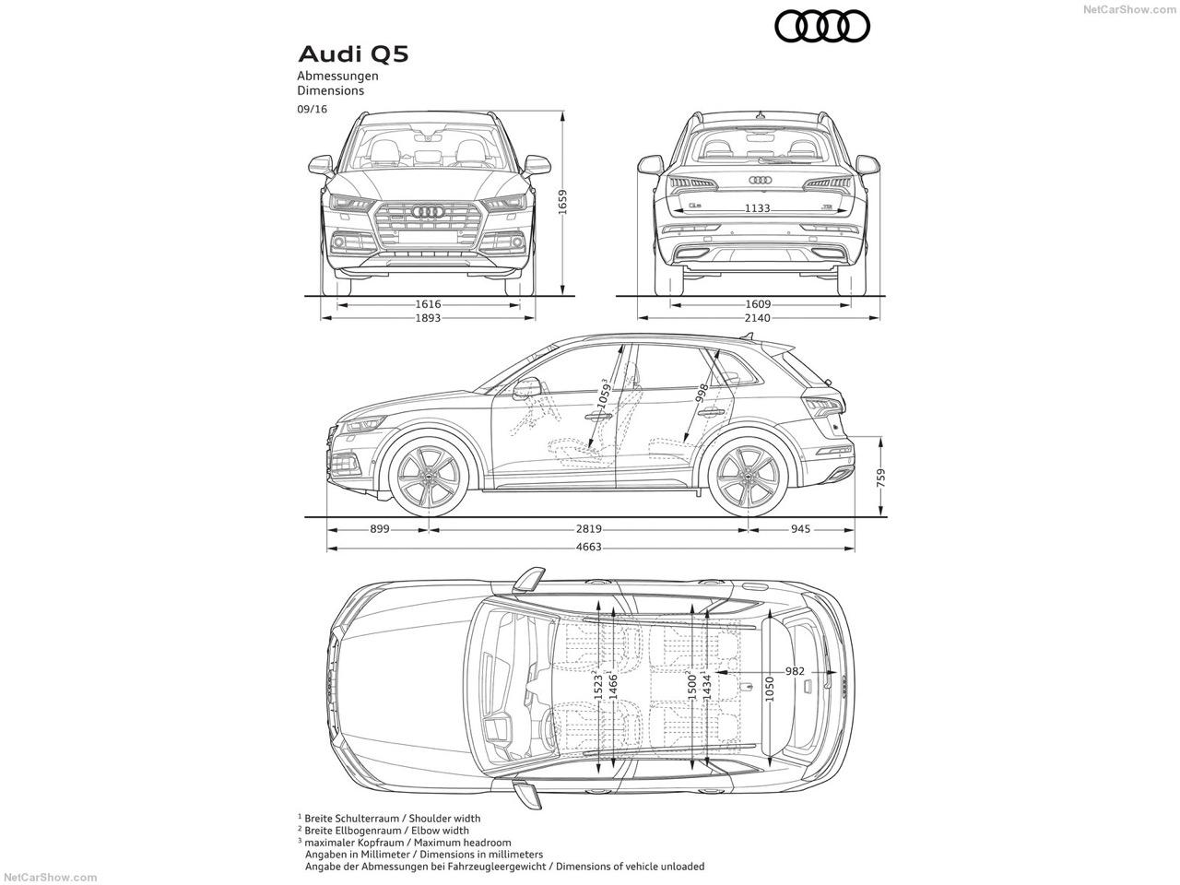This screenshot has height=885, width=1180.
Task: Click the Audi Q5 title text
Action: tap(352, 53)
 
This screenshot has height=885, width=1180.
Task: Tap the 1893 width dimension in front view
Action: tap(428, 318)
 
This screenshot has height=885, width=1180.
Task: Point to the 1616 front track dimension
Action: tap(428, 303)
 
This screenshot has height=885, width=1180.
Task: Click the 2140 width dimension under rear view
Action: tap(758, 318)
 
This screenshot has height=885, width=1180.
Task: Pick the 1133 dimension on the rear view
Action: tap(757, 208)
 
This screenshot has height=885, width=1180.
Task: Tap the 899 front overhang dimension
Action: tap(379, 529)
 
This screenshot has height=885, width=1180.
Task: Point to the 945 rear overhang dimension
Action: tap(800, 529)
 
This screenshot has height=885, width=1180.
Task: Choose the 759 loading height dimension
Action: tap(882, 477)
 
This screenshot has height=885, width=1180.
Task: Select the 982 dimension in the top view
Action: tap(795, 671)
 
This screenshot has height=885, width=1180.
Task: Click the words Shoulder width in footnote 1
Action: tap(446, 818)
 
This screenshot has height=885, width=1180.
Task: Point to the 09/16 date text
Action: tap(312, 109)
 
